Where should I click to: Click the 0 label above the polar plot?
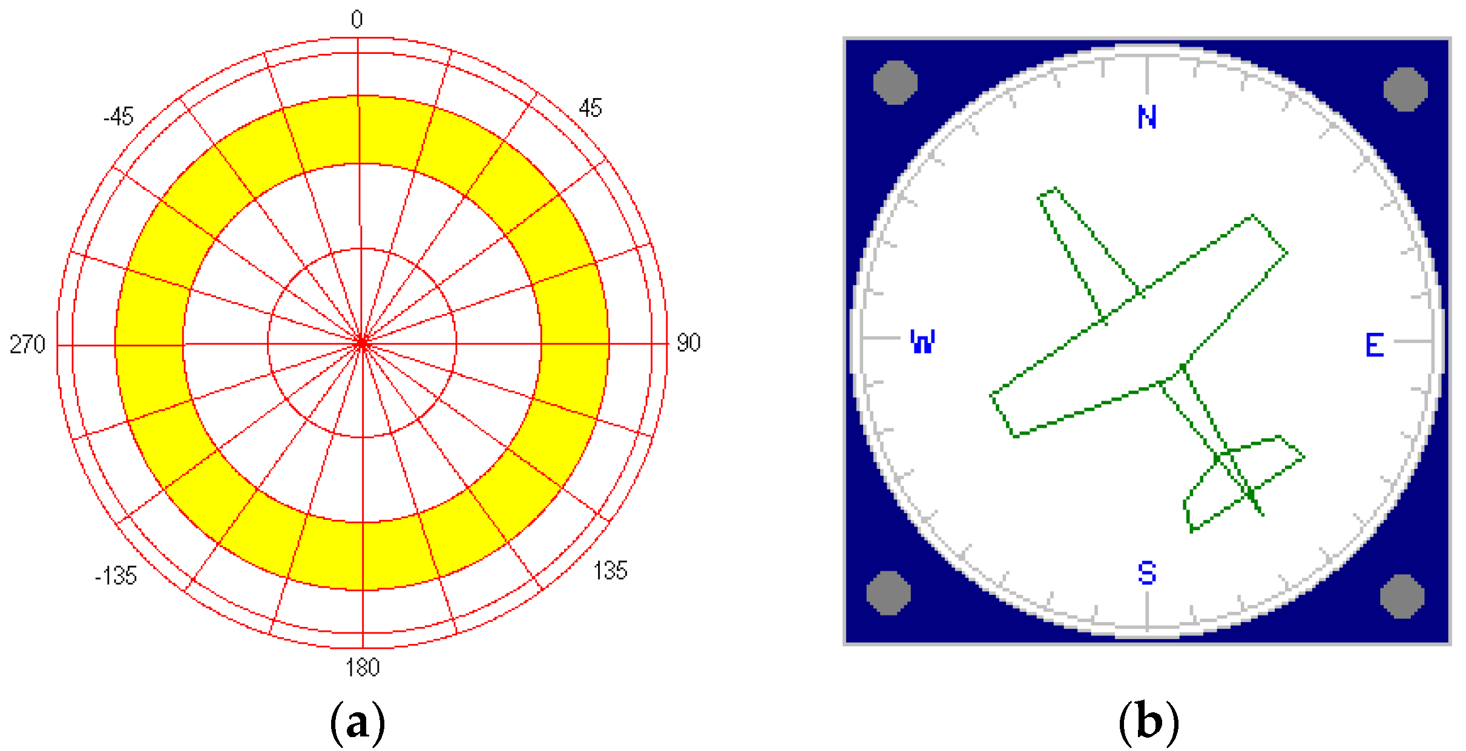click(357, 20)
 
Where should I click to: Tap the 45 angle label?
click(590, 108)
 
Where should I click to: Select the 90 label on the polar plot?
click(688, 343)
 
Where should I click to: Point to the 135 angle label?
click(610, 571)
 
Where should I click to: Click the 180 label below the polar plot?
click(363, 667)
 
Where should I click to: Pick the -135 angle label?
click(116, 576)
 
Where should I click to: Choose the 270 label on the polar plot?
click(27, 344)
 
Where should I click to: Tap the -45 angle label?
click(118, 116)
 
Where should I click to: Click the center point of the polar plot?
click(362, 343)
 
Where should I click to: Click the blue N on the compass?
click(1147, 117)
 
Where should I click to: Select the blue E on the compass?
click(1375, 346)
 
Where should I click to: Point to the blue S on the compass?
click(1147, 572)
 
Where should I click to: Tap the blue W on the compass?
click(922, 342)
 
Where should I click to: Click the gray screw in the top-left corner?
click(895, 82)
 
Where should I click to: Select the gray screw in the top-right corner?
click(1405, 90)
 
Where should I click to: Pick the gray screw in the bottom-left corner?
click(889, 593)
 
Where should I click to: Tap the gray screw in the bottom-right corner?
click(1402, 596)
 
